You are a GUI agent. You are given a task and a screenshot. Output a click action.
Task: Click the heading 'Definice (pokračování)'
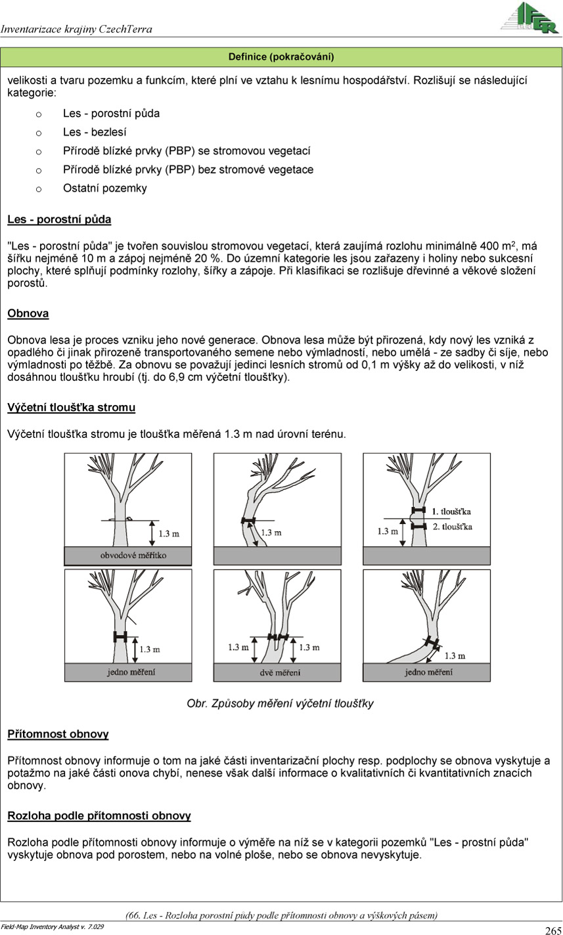(281, 57)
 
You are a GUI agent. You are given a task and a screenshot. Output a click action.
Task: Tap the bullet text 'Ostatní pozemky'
(105, 188)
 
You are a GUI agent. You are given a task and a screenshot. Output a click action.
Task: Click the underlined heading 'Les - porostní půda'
(59, 219)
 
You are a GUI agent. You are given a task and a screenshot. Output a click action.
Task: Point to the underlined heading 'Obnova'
(28, 313)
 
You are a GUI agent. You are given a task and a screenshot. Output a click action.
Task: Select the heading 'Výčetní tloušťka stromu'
(71, 408)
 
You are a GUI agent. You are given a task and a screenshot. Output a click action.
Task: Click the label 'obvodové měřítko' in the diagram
(133, 555)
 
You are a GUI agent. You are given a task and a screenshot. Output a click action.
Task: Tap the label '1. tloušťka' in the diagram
(451, 511)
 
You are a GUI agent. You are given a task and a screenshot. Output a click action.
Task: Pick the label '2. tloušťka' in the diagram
(452, 527)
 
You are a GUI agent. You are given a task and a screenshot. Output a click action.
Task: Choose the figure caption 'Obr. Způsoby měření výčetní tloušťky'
(281, 704)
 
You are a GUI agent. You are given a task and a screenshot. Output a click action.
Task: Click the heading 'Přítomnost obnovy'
(58, 734)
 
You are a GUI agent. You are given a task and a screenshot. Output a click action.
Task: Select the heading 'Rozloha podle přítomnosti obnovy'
(99, 816)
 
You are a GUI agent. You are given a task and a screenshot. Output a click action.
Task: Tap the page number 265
(552, 930)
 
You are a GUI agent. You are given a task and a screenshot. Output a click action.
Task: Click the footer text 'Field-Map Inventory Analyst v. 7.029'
(53, 926)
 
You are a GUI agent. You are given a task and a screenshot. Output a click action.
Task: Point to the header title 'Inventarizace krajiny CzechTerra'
(77, 30)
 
